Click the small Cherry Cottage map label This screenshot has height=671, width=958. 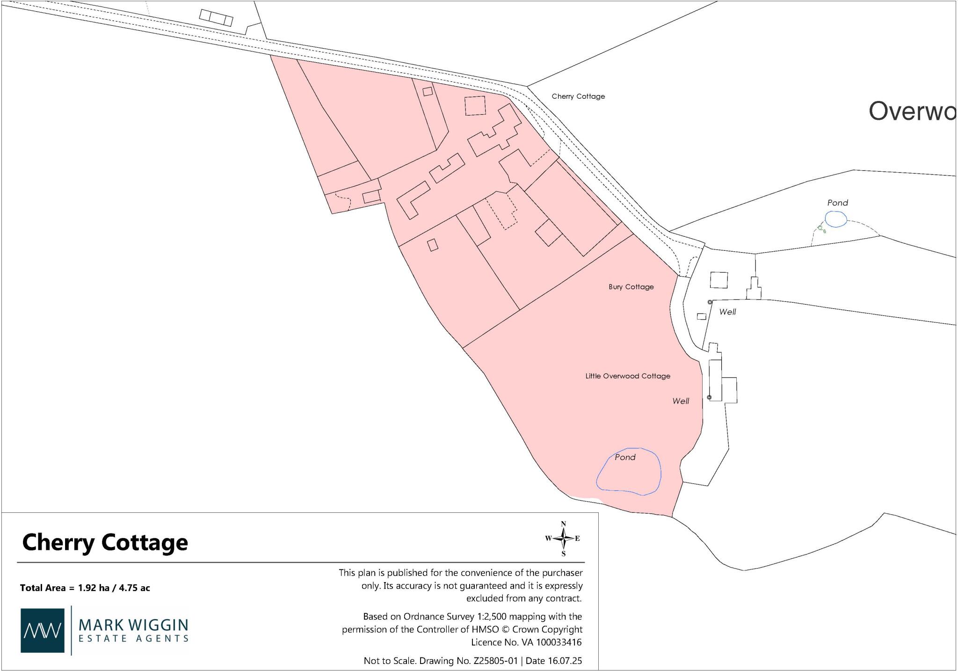pos(578,96)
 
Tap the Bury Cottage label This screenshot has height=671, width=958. pos(631,287)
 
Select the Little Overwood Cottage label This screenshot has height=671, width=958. pos(628,376)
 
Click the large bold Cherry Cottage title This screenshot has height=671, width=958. pos(105,543)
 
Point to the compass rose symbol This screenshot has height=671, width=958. pos(564,539)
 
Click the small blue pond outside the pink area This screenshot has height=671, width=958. pos(835,219)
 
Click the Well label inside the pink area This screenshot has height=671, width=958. pos(681,401)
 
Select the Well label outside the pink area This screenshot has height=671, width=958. pos(727,312)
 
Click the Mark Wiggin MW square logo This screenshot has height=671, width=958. pos(43,630)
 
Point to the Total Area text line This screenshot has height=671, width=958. pos(85,588)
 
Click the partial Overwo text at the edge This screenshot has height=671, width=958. pos(912,111)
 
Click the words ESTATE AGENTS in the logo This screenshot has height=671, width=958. pos(133,638)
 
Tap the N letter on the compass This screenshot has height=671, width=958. pos(564,524)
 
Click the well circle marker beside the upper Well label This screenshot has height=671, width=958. pos(710,302)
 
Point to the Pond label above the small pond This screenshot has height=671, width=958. pos(837,203)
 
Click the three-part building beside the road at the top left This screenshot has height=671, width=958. pos(216,18)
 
